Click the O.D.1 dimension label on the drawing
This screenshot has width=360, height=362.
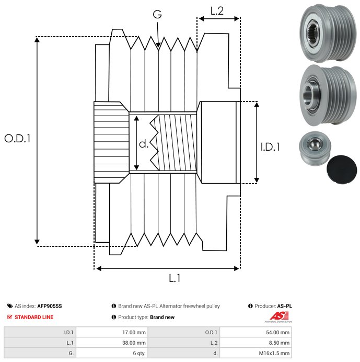tap(18, 139)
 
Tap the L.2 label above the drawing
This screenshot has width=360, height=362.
tap(217, 11)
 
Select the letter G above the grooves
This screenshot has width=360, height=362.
tap(157, 15)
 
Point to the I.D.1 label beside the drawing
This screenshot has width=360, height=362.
tap(270, 147)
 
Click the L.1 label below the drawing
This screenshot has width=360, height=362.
tap(175, 279)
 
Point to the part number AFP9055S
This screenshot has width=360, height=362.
tap(49, 306)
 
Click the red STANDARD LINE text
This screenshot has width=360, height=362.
tap(34, 317)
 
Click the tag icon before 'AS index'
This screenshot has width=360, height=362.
tap(10, 306)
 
